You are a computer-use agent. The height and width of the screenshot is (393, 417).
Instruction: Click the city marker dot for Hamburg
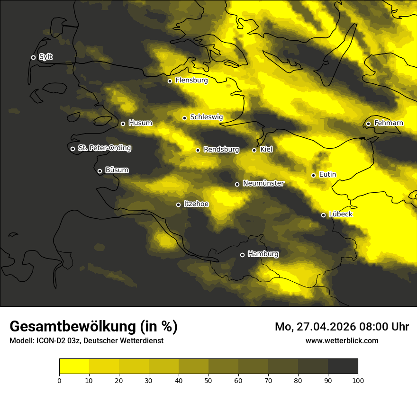242,255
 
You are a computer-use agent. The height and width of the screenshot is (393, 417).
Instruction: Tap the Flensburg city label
191,80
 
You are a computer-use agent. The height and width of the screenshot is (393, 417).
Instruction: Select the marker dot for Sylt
33,57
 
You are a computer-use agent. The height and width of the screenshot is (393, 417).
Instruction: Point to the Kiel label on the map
266,150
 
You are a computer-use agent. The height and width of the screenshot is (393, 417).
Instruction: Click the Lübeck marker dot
323,215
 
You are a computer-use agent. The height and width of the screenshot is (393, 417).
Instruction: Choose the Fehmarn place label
389,123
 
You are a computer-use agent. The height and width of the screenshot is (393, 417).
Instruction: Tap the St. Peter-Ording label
104,148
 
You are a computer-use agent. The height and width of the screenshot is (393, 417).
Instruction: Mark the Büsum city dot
100,171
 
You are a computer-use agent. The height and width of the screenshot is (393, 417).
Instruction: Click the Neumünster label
263,183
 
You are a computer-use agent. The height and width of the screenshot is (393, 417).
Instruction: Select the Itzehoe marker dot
178,205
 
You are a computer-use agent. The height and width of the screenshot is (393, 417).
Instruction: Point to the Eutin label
327,175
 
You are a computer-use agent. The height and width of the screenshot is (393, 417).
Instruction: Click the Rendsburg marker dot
198,150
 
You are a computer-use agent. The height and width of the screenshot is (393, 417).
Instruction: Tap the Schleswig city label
206,117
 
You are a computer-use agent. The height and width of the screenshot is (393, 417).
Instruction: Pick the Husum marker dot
123,124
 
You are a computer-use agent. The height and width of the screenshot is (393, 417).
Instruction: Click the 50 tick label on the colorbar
208,380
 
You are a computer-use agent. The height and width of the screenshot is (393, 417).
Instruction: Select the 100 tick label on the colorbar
358,380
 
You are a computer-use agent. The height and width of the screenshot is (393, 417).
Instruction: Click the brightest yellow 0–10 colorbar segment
74,366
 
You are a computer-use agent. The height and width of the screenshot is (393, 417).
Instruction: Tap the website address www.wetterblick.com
342,340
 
